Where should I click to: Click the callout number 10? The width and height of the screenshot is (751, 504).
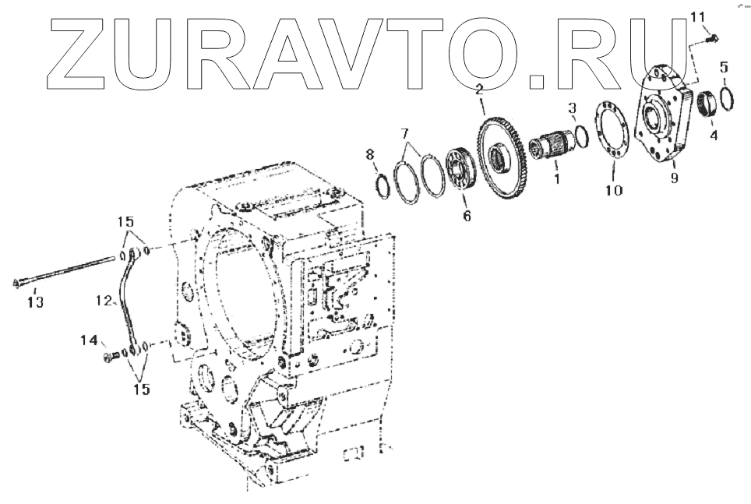614,189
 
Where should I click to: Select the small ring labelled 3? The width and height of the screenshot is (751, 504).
581,137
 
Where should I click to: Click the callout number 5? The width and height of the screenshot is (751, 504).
724,68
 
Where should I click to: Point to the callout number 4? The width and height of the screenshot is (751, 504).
713,133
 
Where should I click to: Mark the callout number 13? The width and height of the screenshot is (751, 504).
36,301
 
